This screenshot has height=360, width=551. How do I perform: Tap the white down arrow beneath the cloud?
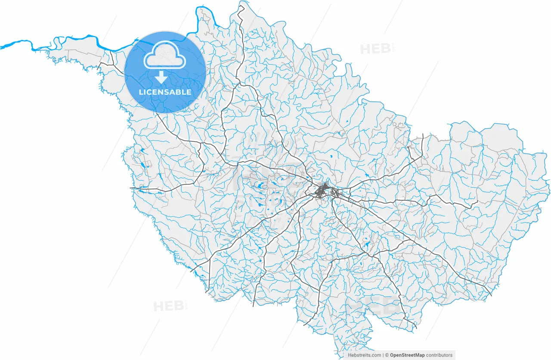161,78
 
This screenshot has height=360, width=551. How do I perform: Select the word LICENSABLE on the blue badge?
165,92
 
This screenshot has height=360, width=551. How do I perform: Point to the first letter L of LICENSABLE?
140,92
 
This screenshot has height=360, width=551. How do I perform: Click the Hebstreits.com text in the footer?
364,355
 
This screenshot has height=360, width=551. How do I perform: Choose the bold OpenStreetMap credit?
407,355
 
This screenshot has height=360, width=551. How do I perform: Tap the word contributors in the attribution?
440,355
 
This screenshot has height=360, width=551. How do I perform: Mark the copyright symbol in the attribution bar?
387,355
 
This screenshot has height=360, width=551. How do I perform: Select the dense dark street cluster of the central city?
322,190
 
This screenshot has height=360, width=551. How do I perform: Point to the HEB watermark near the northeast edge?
375,49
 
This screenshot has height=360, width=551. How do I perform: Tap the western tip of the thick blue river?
1,47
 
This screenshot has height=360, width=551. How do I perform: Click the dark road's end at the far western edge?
131,188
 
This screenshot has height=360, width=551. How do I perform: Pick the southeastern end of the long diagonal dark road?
490,295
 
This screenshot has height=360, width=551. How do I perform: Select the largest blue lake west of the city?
260,186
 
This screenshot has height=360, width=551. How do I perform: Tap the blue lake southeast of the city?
367,245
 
